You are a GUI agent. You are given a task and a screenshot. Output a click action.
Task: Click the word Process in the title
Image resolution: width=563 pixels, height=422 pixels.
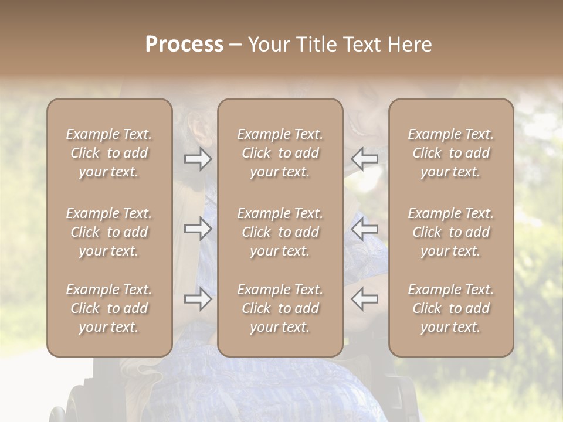(x=184, y=45)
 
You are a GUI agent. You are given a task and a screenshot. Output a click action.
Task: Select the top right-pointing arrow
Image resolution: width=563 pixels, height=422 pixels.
(x=198, y=159)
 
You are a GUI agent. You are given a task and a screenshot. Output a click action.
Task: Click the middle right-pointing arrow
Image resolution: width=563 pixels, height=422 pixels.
(x=198, y=228)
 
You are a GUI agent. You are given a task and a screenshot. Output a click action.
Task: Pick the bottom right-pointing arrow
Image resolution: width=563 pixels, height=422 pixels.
(x=198, y=299)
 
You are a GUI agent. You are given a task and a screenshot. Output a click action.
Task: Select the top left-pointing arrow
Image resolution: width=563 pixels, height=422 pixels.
(x=364, y=159)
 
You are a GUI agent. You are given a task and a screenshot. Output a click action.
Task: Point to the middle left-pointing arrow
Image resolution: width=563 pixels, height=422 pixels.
(x=364, y=228)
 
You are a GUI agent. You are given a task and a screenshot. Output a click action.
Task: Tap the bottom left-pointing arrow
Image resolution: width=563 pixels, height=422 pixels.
(x=364, y=299)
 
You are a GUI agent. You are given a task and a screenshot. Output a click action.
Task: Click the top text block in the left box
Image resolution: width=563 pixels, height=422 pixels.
(x=109, y=153)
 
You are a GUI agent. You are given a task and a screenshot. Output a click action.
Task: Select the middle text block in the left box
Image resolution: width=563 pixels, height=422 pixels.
(x=109, y=232)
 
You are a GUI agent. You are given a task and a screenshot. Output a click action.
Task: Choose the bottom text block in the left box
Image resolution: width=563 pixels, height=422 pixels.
(x=109, y=308)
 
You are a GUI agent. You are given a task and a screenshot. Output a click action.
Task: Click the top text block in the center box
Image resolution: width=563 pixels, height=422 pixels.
(x=280, y=153)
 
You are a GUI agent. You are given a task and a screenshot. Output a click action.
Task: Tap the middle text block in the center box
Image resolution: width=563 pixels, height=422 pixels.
(x=280, y=232)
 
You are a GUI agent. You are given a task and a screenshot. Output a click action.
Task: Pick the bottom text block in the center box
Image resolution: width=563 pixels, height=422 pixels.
(x=280, y=308)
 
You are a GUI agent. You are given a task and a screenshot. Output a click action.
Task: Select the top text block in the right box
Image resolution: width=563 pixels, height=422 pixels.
(x=451, y=153)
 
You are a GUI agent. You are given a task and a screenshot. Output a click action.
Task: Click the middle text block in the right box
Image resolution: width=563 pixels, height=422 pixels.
(x=451, y=232)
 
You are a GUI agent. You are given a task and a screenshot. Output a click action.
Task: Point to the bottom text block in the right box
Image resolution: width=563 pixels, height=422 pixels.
(x=451, y=308)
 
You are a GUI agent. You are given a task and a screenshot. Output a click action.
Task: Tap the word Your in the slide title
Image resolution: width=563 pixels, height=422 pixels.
(x=270, y=45)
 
